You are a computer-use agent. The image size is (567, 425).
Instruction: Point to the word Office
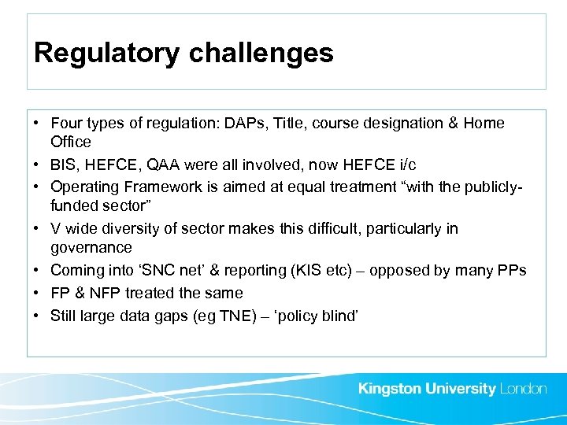click(x=71, y=142)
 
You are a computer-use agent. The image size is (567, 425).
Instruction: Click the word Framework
click(x=150, y=188)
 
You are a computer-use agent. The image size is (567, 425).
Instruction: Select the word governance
click(x=91, y=248)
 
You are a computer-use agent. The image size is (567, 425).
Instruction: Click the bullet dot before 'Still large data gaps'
click(x=38, y=316)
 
